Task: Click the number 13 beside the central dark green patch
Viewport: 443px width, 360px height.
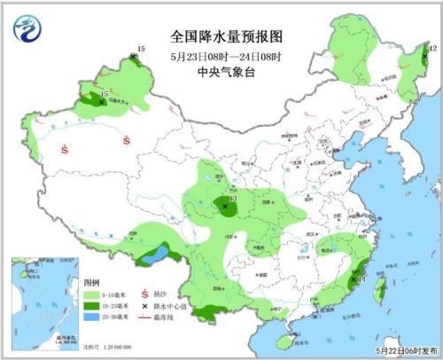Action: (x=233, y=200)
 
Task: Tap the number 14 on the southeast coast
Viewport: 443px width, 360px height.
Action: (x=362, y=279)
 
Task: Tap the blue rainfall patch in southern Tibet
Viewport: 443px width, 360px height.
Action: (x=157, y=256)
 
